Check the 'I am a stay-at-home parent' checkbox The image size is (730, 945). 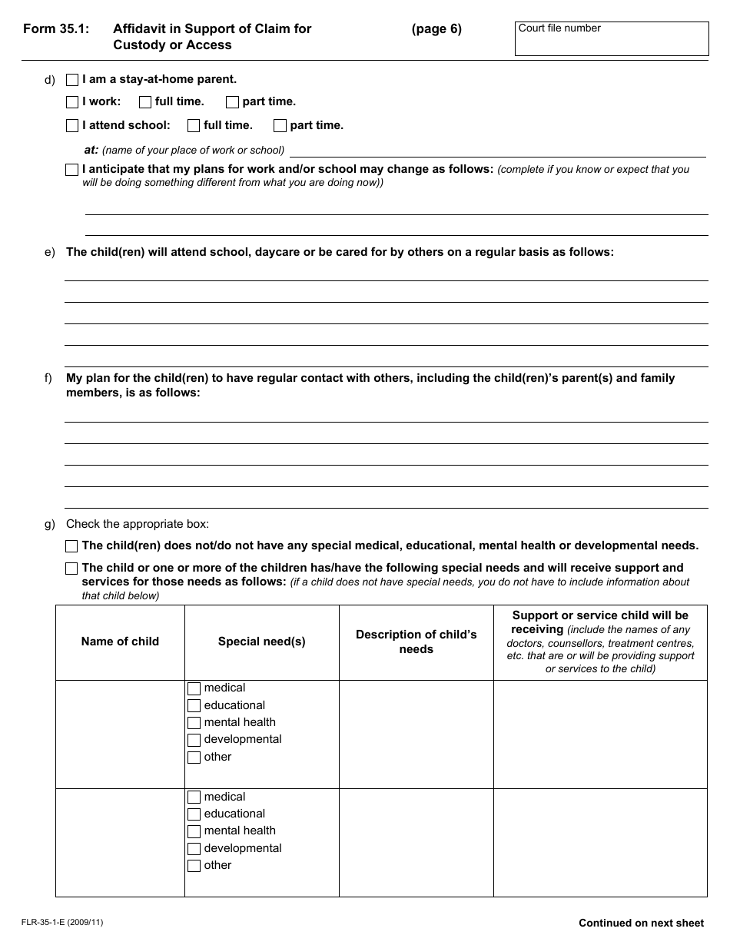tap(72, 79)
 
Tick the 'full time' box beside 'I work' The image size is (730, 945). tap(145, 102)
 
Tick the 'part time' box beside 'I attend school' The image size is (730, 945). tap(280, 125)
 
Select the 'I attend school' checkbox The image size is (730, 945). tap(72, 125)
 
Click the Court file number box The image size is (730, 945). tap(611, 39)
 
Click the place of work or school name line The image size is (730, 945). tap(497, 150)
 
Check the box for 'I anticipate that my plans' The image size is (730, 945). tap(72, 170)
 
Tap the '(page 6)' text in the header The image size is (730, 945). tap(436, 29)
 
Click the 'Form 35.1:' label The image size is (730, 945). tap(56, 29)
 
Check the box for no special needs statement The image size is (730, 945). tap(72, 546)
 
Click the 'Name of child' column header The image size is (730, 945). tap(120, 642)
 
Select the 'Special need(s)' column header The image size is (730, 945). tap(261, 642)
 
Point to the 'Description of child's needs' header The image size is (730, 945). tap(416, 642)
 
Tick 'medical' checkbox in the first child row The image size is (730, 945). tap(194, 688)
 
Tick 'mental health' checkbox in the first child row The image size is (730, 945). tap(194, 723)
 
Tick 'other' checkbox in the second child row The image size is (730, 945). tap(194, 866)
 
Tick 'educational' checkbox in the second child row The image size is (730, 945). tap(194, 814)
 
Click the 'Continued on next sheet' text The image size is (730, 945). tap(641, 923)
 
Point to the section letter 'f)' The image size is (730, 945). tap(49, 378)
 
